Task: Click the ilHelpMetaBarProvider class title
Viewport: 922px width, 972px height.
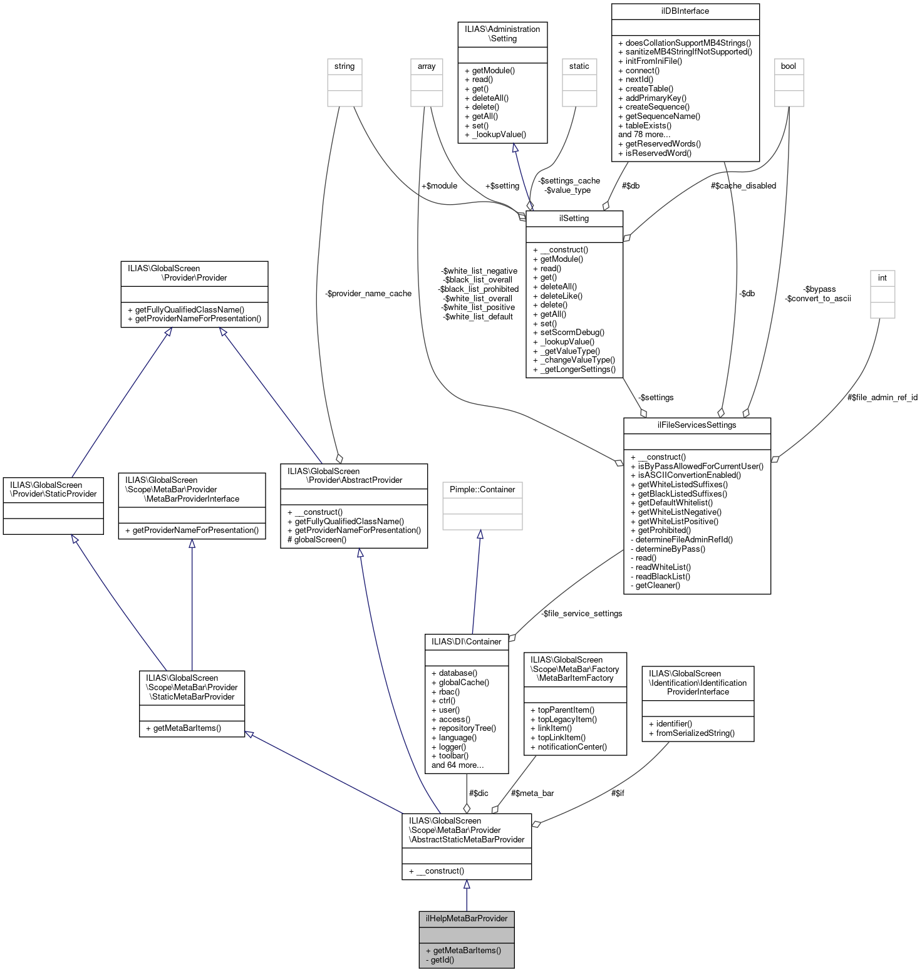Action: coord(467,919)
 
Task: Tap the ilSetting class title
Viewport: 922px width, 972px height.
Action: coord(574,219)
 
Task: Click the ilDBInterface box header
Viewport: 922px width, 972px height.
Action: coord(685,11)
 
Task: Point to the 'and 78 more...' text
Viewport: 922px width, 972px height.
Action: coord(644,135)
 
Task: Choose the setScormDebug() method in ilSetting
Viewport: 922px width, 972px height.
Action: coord(572,333)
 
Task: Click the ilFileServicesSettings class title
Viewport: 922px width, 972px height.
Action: coord(697,425)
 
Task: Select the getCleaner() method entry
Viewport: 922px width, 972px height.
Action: coord(658,586)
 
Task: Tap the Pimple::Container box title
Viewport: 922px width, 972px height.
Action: coord(482,490)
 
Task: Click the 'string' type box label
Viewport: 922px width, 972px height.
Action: coord(344,66)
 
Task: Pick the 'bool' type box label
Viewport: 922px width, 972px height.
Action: coord(789,66)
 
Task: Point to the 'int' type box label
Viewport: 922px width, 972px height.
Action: coord(882,278)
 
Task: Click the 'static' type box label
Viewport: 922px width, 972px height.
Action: coord(579,66)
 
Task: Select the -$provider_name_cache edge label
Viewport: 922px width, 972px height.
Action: coord(368,294)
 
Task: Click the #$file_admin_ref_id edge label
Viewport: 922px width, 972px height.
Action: coord(882,398)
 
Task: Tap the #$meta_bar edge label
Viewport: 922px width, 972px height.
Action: coord(532,794)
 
